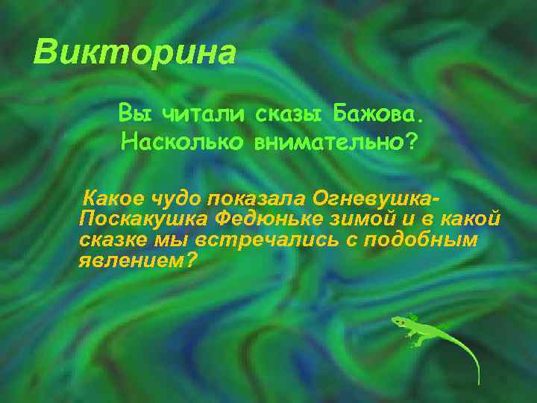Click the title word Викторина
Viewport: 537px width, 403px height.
coord(135,52)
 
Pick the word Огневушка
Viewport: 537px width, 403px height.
coord(373,199)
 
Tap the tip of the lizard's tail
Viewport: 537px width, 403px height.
coord(478,383)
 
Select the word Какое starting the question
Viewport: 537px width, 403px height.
coord(109,199)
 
